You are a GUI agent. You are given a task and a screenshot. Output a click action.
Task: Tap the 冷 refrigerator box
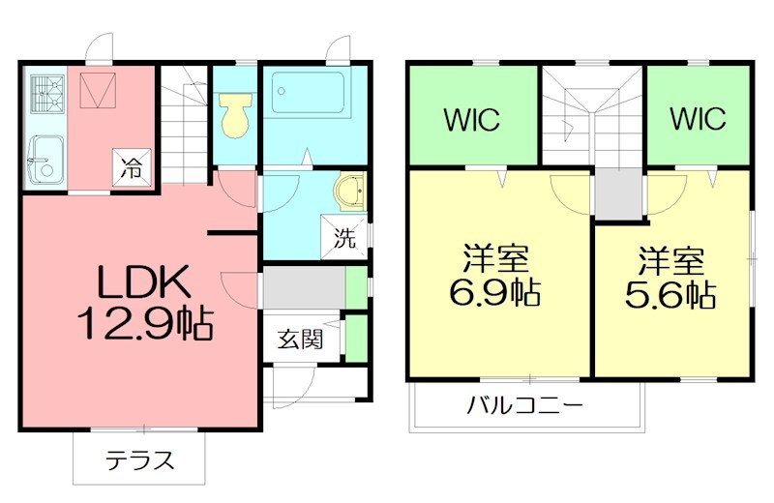(133, 167)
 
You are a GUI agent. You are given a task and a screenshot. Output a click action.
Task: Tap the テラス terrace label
(139, 459)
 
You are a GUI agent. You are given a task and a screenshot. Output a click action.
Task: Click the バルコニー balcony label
(524, 404)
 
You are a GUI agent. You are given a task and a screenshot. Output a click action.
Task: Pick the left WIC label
(472, 120)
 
